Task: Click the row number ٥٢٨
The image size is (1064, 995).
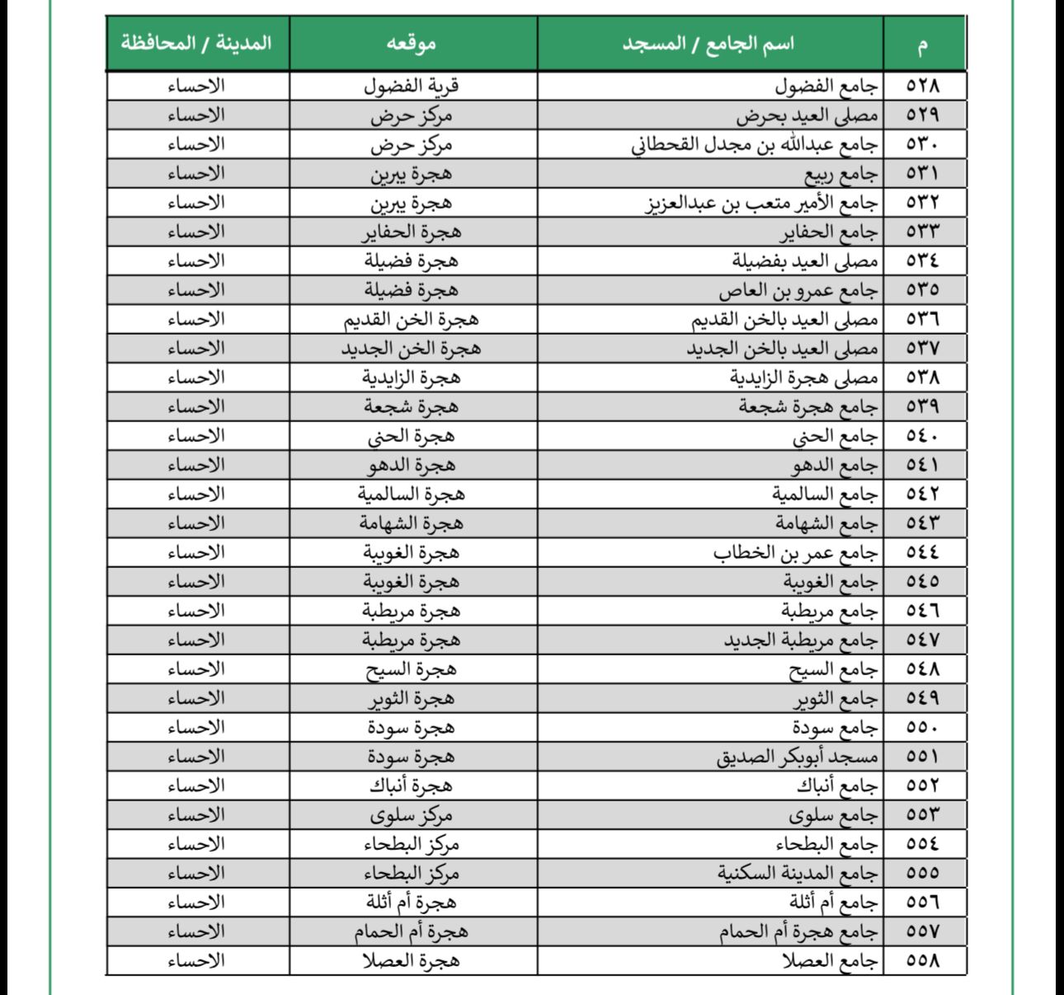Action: (923, 86)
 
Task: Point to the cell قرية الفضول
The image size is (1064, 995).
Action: (412, 86)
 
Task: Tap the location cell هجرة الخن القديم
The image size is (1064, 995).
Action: (412, 319)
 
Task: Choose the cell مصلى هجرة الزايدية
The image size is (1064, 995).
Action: (803, 378)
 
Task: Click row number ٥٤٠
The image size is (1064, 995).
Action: (923, 436)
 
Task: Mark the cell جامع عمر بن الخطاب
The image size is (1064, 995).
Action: (795, 552)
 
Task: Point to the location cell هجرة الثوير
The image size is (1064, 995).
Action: (412, 698)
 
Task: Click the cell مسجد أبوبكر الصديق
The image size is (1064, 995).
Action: (797, 757)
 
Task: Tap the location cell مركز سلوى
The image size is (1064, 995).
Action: (412, 815)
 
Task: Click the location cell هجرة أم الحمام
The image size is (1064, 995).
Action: (412, 932)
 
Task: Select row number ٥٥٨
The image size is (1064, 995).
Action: (923, 960)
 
